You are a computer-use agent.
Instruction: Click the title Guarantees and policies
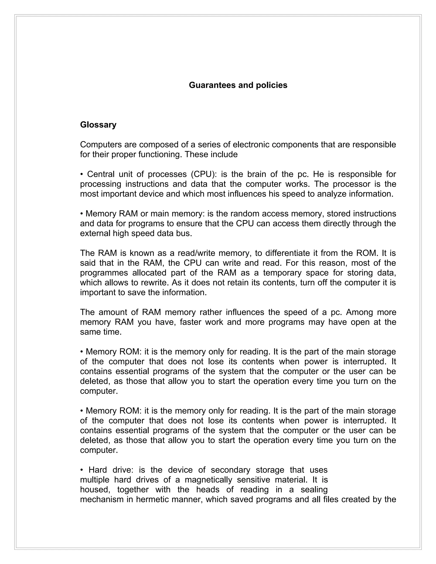point(238,85)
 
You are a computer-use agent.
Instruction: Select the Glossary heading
point(98,125)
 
